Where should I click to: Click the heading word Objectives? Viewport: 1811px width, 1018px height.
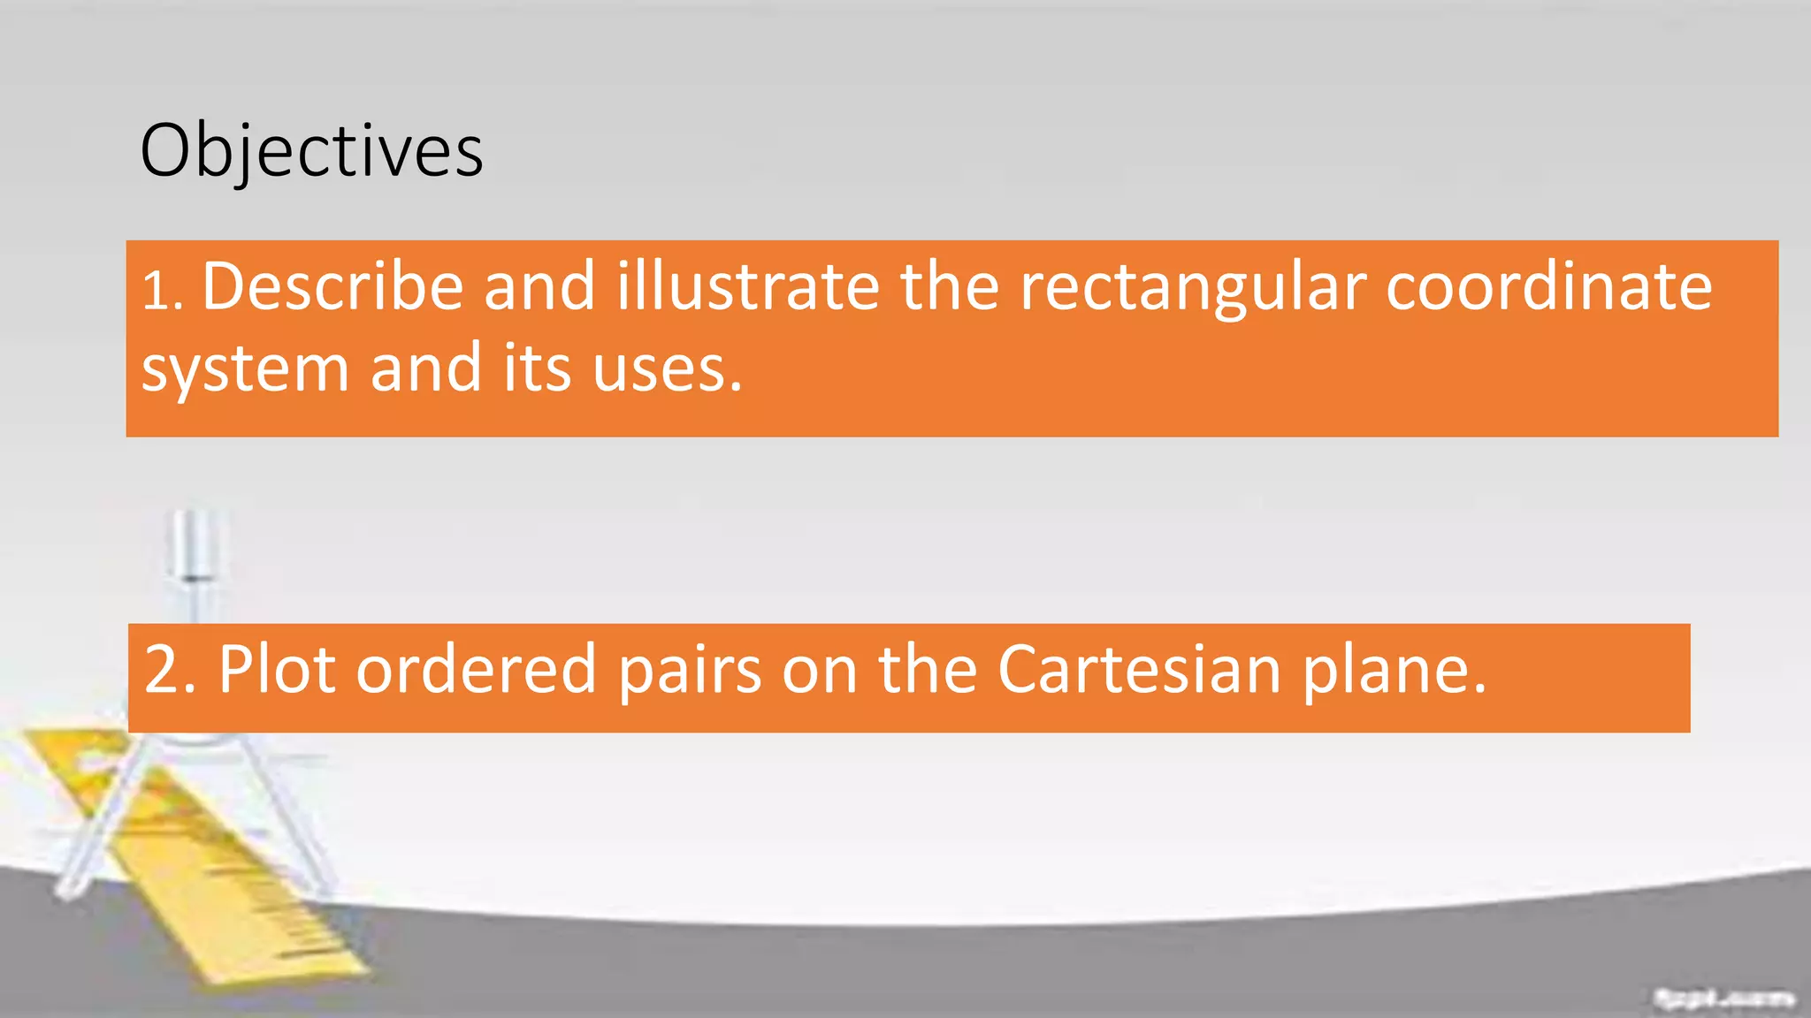311,151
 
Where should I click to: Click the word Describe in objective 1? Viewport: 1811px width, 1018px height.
332,286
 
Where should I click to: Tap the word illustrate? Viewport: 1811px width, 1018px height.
748,286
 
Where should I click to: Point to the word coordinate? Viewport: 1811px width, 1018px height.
1548,286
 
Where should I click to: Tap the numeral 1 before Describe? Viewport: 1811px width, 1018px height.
156,292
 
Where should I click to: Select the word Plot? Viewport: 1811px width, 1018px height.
277,669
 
